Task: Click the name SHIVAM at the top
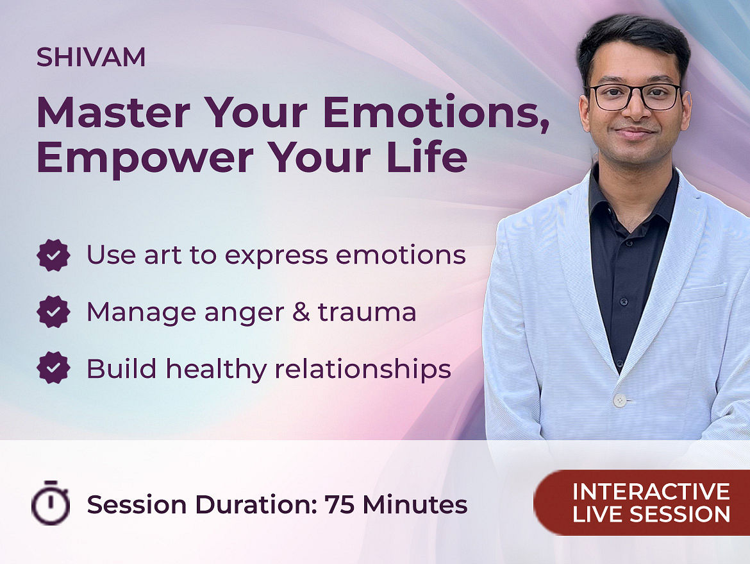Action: (91, 57)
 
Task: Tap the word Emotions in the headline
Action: (436, 112)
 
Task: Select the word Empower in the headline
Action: (145, 157)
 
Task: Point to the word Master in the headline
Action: (113, 112)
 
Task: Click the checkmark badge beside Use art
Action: (54, 255)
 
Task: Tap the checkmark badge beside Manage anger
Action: (54, 312)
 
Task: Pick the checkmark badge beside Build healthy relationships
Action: (54, 368)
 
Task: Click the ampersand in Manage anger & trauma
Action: (301, 312)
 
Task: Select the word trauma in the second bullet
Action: (367, 312)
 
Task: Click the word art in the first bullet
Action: (163, 255)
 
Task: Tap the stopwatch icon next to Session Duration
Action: (51, 502)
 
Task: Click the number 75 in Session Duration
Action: (339, 504)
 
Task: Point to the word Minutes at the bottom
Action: (415, 504)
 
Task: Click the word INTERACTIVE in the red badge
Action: (651, 491)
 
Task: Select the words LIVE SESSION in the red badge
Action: (651, 515)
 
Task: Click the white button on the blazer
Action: (620, 400)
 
